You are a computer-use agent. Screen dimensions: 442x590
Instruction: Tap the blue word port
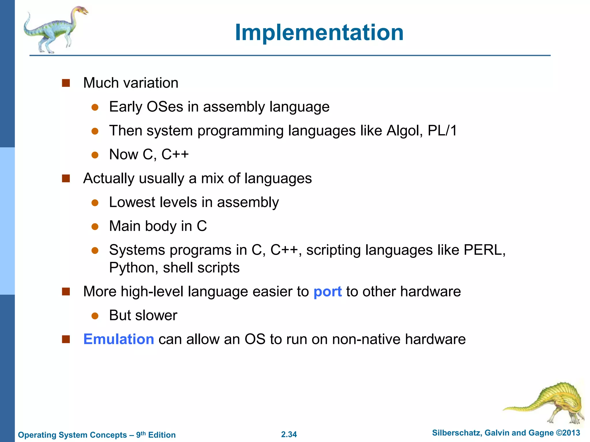(327, 292)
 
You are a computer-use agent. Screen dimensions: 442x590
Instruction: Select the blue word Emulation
(118, 339)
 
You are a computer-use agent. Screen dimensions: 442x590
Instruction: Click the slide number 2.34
(289, 434)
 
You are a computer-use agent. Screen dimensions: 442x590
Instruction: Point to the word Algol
(404, 131)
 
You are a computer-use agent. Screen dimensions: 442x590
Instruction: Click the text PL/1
(442, 131)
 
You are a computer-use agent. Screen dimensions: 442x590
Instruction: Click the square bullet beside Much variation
(66, 83)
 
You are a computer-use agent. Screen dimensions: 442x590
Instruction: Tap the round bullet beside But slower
(95, 316)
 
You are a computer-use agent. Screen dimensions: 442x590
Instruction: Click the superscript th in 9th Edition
(143, 433)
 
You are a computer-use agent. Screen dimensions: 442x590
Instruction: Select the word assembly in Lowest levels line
(248, 202)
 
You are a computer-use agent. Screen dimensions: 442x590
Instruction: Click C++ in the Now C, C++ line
(175, 155)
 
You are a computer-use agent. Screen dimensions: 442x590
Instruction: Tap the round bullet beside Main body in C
(95, 226)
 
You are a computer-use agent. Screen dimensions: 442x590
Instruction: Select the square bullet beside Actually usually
(66, 179)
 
